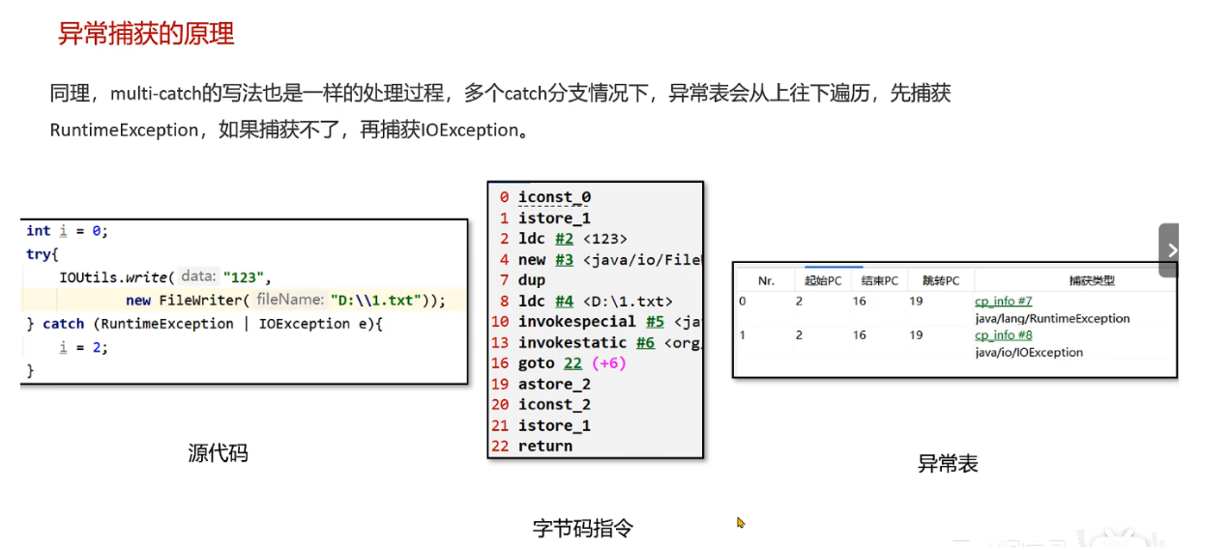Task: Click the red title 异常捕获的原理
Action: [146, 35]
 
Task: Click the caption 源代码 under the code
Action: [218, 452]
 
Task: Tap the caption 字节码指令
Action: [583, 528]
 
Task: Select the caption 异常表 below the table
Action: [948, 464]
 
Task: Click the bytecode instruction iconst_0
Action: [554, 197]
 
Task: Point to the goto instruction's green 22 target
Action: [572, 363]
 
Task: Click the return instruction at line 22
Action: [544, 446]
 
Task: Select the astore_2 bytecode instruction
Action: [554, 384]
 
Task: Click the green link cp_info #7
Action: [1003, 302]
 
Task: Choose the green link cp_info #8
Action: [1003, 335]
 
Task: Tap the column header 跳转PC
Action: [941, 281]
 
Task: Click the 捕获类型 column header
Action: [1092, 281]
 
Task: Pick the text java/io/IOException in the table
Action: [1029, 352]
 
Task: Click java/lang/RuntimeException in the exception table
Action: [1052, 318]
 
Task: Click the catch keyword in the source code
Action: [64, 324]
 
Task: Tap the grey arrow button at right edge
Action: [1170, 250]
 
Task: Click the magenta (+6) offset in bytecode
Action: [608, 363]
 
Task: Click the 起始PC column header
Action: [823, 281]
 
